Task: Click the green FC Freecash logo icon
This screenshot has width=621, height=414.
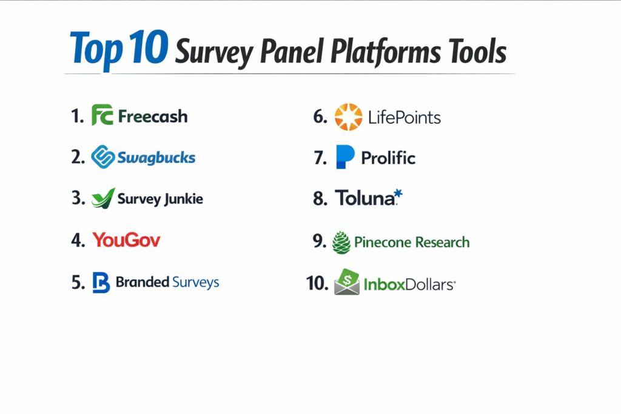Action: (x=102, y=115)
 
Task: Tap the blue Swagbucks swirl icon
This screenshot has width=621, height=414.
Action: (x=103, y=157)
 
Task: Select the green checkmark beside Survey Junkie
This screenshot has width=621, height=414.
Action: (x=103, y=198)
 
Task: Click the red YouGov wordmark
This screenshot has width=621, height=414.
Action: (x=126, y=240)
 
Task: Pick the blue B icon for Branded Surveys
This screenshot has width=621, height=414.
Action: (x=101, y=282)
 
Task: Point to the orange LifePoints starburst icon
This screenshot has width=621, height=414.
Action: (x=349, y=117)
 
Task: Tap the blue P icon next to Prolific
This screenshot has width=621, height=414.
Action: (x=345, y=157)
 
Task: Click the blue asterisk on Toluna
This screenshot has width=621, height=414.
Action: (x=398, y=194)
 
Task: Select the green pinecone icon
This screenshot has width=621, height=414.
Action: (x=341, y=242)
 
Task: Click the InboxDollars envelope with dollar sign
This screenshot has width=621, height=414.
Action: (x=347, y=282)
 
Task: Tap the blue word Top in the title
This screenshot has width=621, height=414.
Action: (x=96, y=49)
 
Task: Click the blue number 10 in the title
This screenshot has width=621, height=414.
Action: (x=149, y=47)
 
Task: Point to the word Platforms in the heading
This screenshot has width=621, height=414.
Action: (x=385, y=52)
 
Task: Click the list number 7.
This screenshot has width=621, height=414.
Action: (x=320, y=158)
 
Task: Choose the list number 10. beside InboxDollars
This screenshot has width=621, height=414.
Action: (x=317, y=283)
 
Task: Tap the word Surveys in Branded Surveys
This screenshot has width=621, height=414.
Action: (x=196, y=282)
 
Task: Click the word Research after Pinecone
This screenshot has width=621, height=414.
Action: (x=442, y=242)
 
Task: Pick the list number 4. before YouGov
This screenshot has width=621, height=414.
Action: (x=78, y=240)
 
